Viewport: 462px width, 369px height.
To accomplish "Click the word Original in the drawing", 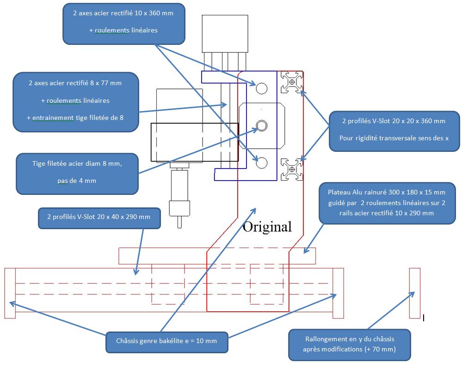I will [x=267, y=227].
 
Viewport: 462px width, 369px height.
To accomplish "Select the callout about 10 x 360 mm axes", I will [x=123, y=24].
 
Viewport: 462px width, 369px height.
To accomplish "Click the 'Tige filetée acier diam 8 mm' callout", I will [x=77, y=172].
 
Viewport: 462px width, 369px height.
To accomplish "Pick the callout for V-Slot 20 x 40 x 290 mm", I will [x=99, y=217].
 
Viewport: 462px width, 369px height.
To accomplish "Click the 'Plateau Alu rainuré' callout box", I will [x=386, y=202].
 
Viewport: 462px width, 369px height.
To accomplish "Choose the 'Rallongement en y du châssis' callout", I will [x=349, y=344].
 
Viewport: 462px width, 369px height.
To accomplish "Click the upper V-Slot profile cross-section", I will [x=292, y=82].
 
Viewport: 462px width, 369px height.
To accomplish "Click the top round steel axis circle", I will [x=261, y=88].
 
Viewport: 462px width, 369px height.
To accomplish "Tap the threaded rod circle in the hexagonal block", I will [x=262, y=125].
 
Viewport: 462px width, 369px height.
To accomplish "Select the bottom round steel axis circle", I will [x=261, y=162].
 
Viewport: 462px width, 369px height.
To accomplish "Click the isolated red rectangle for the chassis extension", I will [x=415, y=293].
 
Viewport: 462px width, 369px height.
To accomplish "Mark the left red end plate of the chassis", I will [x=10, y=293].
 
